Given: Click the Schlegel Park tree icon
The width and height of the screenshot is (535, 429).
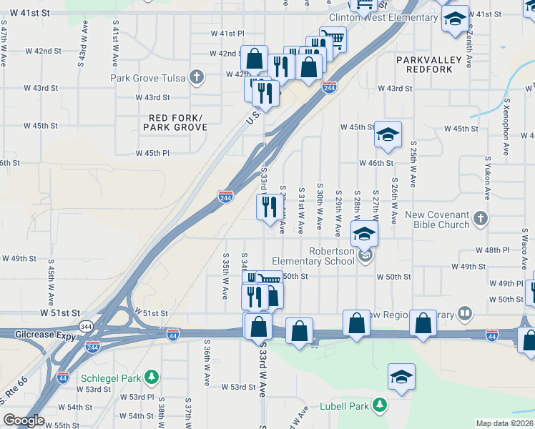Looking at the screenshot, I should click(x=151, y=376).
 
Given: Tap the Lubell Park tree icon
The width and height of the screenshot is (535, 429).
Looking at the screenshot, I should click(x=381, y=406).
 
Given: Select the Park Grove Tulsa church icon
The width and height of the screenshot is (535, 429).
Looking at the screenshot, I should click(x=197, y=77).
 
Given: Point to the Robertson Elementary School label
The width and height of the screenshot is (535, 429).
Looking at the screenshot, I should click(x=332, y=256).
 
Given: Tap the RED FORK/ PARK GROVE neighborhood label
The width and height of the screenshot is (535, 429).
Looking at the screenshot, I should click(x=175, y=122).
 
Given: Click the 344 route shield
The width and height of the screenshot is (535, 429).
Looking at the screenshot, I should click(x=87, y=327).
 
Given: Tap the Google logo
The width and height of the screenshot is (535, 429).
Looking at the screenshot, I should click(x=24, y=420).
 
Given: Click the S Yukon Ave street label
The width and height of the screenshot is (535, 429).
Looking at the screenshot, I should click(x=486, y=177).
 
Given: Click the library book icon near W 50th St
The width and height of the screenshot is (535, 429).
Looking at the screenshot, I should click(x=465, y=312).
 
